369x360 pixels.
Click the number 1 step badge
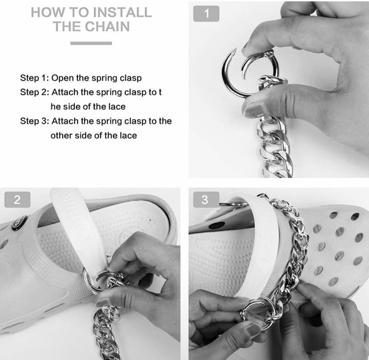[206, 14]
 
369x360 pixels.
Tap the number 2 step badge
[17, 200]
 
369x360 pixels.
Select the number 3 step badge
[205, 200]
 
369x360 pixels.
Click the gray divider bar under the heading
[91, 43]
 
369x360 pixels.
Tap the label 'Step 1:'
[34, 78]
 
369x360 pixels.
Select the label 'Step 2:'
[34, 92]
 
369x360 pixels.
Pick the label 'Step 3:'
[34, 121]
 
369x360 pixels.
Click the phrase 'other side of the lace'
[94, 136]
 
